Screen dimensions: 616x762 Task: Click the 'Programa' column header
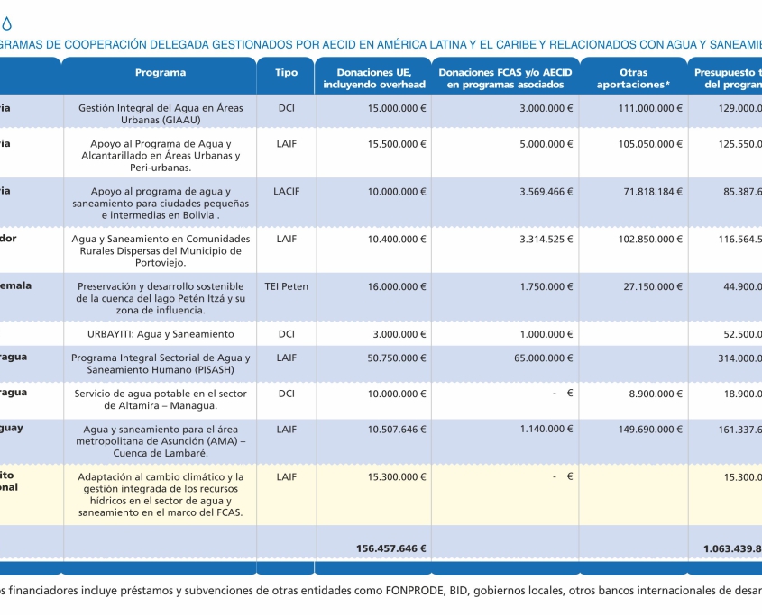coord(161,73)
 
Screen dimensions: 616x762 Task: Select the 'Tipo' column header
coord(286,73)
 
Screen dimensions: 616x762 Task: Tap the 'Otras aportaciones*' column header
coord(633,78)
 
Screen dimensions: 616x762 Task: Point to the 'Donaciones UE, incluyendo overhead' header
coord(374,78)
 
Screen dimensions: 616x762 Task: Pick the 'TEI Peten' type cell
coord(286,286)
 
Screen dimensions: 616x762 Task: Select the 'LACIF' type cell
coord(286,191)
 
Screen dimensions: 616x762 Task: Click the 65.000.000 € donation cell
coord(539,358)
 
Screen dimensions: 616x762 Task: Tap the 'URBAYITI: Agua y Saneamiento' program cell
coord(161,334)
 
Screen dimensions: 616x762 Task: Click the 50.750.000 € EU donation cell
coord(397,358)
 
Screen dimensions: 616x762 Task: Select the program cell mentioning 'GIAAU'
coord(161,113)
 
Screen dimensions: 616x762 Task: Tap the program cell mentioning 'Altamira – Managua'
coord(161,399)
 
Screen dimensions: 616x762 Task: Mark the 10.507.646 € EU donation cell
coord(397,430)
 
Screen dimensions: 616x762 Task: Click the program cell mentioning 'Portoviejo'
coord(161,250)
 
